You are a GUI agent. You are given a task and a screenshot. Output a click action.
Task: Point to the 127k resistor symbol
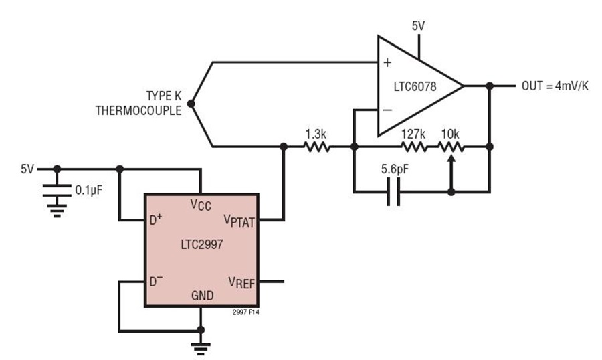(414, 147)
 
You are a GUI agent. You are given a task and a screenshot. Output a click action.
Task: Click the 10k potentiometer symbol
(451, 147)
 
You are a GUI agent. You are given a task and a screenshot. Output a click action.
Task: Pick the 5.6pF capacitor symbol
(394, 192)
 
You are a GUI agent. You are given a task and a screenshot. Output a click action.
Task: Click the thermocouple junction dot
(191, 104)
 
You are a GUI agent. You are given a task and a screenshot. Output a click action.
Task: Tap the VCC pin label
(201, 204)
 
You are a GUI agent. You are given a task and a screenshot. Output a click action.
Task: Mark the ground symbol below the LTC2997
(200, 347)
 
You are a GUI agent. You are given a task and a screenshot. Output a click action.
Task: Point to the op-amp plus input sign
(387, 64)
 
